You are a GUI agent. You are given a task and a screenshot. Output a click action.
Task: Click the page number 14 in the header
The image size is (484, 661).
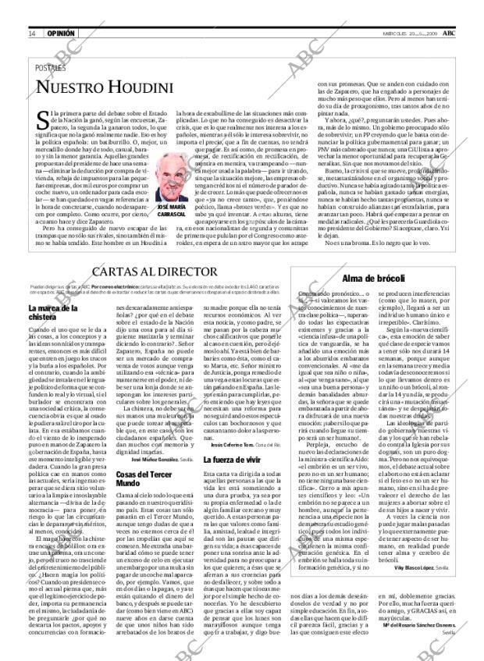32,34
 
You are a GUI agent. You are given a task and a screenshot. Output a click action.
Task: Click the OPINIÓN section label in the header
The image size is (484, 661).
60,34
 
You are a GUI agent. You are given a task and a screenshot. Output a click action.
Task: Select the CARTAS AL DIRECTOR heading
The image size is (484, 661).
157,273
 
